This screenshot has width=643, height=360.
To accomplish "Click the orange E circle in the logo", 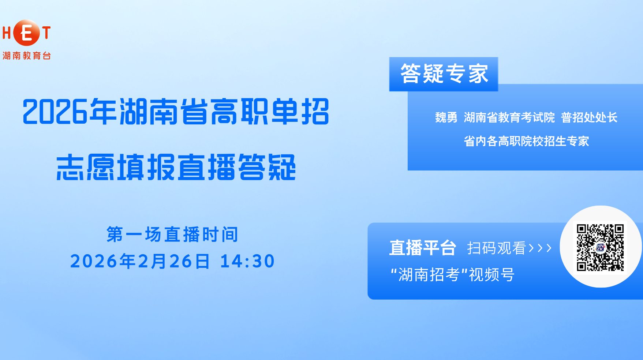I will click(26, 33).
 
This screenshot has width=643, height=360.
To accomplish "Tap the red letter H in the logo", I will click(7, 33).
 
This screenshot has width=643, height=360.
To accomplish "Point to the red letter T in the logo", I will click(46, 33).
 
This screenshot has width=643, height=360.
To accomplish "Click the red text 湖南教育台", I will click(27, 56).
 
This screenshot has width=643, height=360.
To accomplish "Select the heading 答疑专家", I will click(444, 74).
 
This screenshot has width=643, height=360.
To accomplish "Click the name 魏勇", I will click(446, 117).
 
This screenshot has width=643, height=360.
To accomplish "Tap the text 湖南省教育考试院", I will click(509, 117).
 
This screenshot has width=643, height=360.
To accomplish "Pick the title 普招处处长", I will click(589, 117).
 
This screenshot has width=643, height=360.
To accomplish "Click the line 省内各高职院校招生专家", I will click(526, 141).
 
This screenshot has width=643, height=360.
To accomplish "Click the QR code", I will click(600, 247).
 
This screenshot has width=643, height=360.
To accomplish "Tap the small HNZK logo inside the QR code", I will click(600, 247).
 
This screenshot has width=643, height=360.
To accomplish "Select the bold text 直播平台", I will click(423, 248).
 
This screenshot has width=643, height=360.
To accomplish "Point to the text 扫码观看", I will click(497, 248).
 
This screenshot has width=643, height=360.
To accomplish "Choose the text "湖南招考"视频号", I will click(453, 275).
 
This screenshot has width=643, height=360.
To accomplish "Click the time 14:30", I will click(247, 261).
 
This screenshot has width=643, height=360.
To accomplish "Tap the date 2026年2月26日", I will click(140, 261).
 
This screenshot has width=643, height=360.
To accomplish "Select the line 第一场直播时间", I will click(172, 235).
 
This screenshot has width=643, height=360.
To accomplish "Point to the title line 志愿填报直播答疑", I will click(176, 167).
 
